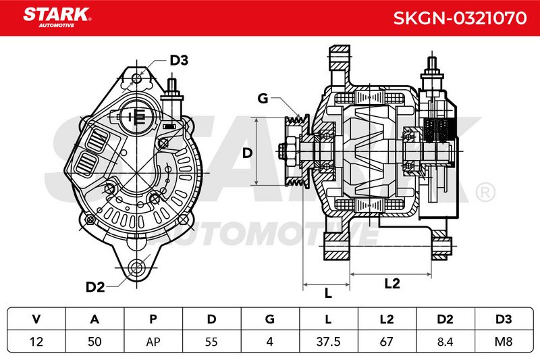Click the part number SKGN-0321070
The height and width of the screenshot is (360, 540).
(x=460, y=18)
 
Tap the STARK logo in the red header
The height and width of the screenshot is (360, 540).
(x=57, y=18)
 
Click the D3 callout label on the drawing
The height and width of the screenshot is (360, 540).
(x=179, y=60)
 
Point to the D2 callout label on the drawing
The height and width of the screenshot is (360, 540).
(x=95, y=286)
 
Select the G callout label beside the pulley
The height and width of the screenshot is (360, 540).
(x=263, y=99)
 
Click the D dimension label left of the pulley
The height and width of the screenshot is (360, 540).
(x=247, y=153)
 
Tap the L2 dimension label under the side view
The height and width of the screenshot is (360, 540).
(x=392, y=284)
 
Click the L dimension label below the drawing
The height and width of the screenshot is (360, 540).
(x=328, y=293)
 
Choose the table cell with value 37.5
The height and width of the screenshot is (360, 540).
(x=329, y=341)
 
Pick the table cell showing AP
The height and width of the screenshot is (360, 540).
(x=153, y=341)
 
